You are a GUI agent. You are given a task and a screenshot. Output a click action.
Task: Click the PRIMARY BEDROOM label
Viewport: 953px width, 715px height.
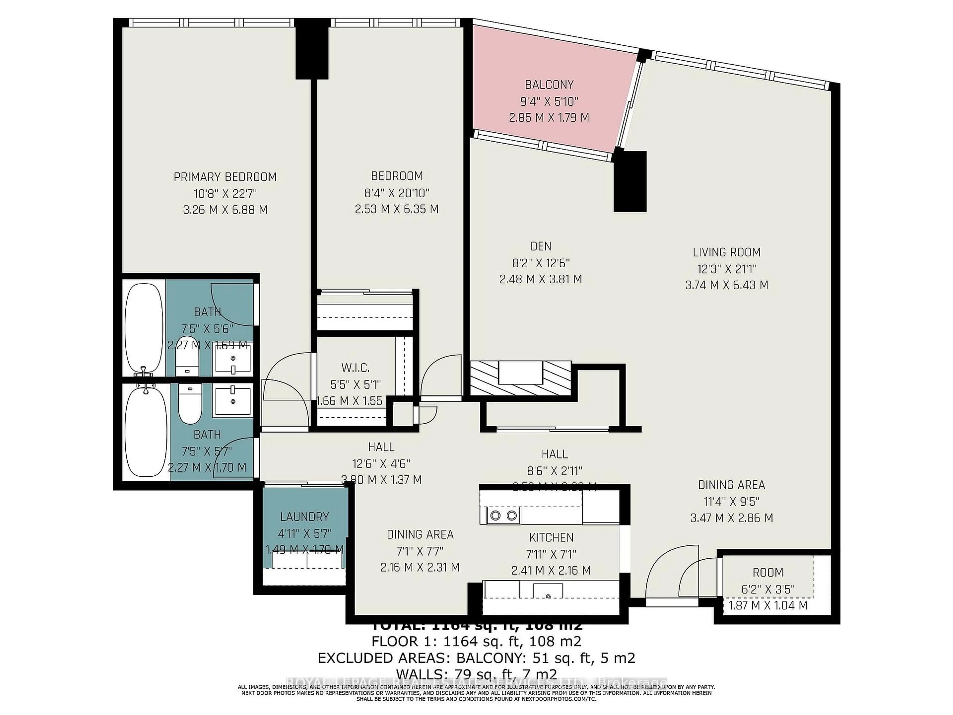click(x=225, y=177)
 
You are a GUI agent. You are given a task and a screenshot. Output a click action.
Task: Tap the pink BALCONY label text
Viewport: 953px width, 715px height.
click(x=549, y=84)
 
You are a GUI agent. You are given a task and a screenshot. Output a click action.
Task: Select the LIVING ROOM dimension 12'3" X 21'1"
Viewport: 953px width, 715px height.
click(x=727, y=269)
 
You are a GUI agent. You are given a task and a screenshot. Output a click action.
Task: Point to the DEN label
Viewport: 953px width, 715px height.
click(x=541, y=246)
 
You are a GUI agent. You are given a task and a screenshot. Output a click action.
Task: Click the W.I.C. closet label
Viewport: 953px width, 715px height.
click(x=355, y=368)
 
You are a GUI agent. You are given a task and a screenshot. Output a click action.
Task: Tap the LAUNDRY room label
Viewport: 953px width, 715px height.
click(x=304, y=516)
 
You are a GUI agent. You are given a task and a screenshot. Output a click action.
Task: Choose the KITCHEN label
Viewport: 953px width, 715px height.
click(x=551, y=537)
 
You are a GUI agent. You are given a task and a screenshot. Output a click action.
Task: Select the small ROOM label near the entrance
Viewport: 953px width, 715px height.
click(x=768, y=572)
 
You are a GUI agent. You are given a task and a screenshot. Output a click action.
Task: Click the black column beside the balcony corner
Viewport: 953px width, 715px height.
click(x=630, y=181)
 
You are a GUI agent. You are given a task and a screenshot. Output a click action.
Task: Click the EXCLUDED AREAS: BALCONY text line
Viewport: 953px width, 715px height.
click(x=476, y=658)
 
